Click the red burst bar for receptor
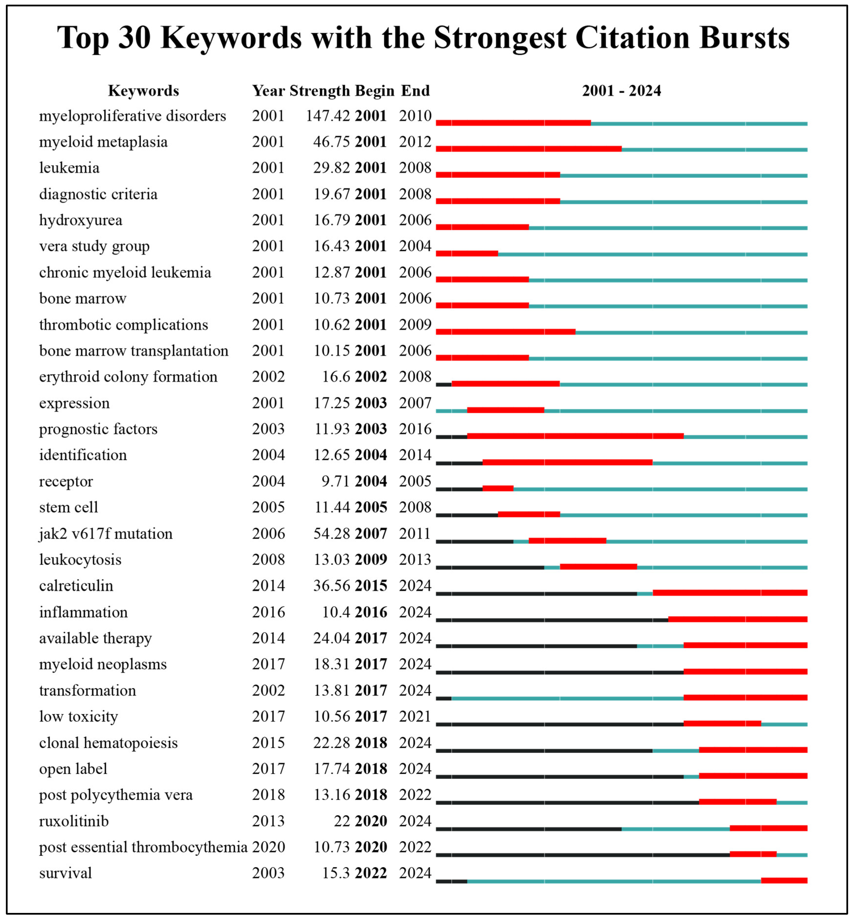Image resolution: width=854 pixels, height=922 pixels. click(x=498, y=488)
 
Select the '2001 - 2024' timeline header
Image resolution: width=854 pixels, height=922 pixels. click(x=621, y=90)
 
